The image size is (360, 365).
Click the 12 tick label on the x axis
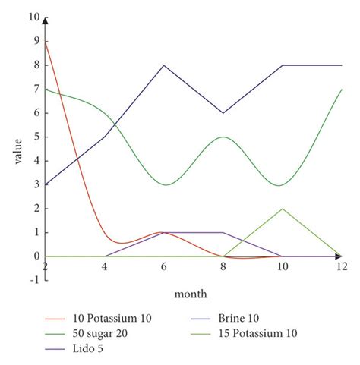coord(342,266)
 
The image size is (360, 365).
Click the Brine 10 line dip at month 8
coord(223,113)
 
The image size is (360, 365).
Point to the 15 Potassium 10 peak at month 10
coord(283,209)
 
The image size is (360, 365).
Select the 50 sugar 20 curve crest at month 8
coord(223,137)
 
